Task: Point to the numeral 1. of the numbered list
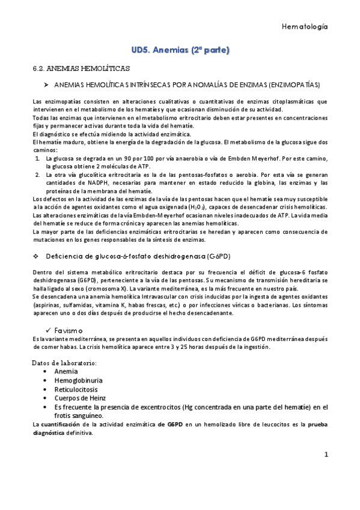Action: [x=37, y=156]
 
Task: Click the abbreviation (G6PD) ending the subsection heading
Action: [x=220, y=256]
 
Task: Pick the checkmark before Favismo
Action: [x=49, y=331]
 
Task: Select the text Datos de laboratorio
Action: [x=64, y=363]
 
